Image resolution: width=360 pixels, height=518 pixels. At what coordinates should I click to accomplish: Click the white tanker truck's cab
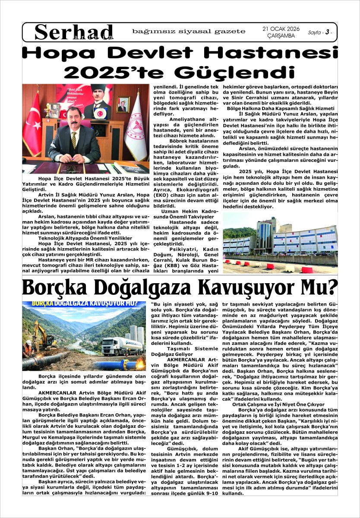coord(109,345)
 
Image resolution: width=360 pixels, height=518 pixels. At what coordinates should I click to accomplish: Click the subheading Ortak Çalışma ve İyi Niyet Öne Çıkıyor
coord(272,404)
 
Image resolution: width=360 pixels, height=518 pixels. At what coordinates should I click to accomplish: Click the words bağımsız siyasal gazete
coord(189,32)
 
